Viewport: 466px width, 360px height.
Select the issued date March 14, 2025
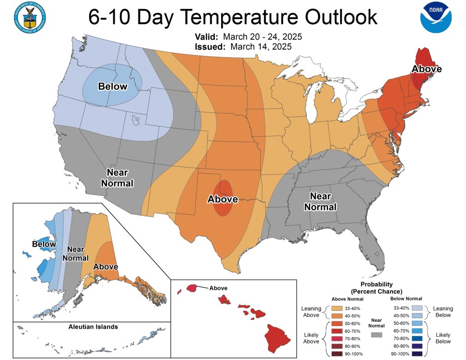point(261,46)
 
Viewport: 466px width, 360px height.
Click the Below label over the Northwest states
point(113,86)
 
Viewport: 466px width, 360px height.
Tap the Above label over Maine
point(426,69)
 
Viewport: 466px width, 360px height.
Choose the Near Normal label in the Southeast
point(323,201)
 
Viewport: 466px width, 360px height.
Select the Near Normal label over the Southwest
point(120,178)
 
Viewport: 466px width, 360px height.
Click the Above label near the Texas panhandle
point(223,199)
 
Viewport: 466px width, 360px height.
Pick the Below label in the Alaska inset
point(44,244)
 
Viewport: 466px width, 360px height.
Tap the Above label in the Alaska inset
point(106,267)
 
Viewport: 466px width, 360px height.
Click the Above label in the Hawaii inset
point(218,288)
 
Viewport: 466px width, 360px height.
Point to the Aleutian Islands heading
point(93,327)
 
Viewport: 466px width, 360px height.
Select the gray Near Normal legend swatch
point(376,335)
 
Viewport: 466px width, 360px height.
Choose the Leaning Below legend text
point(442,311)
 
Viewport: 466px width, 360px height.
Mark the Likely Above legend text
point(311,338)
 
